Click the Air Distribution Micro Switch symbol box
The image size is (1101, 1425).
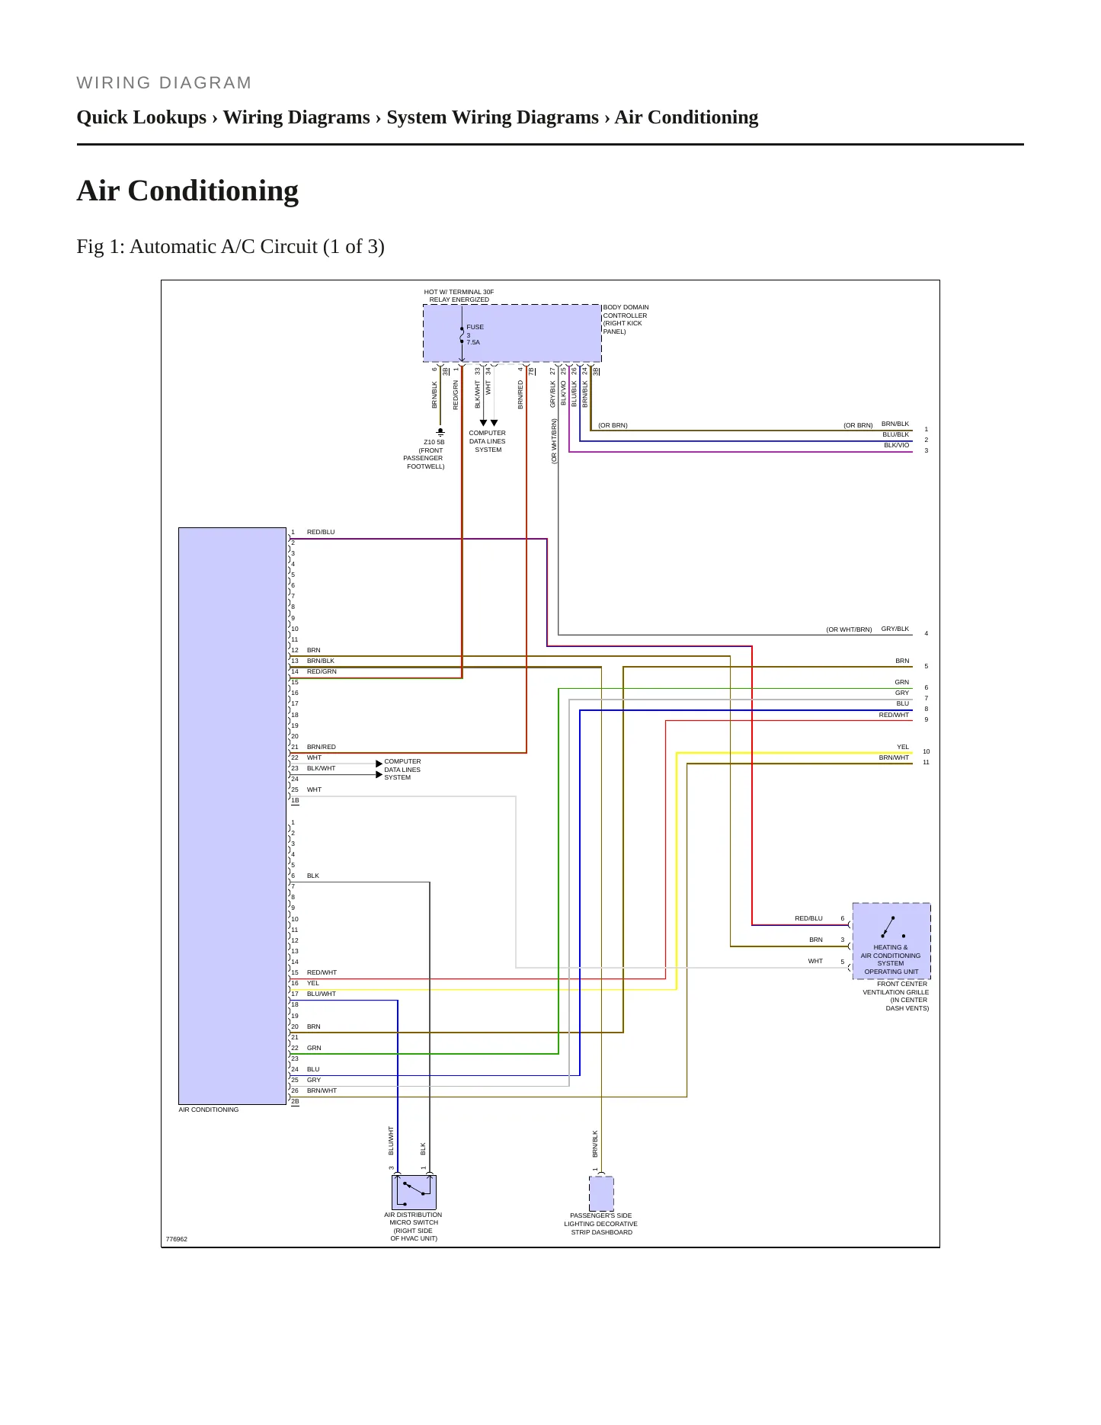click(x=414, y=1193)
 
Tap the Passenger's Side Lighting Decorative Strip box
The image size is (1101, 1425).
click(x=601, y=1193)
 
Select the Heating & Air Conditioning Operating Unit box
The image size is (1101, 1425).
click(x=891, y=940)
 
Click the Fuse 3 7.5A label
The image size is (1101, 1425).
click(x=475, y=335)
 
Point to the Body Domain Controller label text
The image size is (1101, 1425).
click(x=626, y=319)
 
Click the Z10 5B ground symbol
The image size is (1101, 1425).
click(x=440, y=431)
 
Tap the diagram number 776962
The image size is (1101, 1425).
click(x=177, y=1239)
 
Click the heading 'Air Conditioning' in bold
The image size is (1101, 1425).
click(x=187, y=191)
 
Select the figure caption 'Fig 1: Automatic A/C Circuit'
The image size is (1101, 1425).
click(x=230, y=247)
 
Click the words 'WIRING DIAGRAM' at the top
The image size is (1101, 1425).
click(x=164, y=83)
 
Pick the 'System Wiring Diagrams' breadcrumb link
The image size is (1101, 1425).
click(x=492, y=117)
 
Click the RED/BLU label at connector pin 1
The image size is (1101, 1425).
click(x=321, y=532)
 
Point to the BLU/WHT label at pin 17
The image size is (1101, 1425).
click(x=322, y=994)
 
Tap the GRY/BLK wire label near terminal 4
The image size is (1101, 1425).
click(x=895, y=629)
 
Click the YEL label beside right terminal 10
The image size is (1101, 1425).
click(x=903, y=747)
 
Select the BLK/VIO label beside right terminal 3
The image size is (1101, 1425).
click(x=897, y=445)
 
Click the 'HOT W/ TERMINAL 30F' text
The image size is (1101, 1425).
click(x=459, y=292)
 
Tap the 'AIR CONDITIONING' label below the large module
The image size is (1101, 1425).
click(x=209, y=1110)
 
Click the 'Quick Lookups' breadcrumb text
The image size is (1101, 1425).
click(x=142, y=117)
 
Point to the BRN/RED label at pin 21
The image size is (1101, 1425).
click(x=322, y=747)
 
